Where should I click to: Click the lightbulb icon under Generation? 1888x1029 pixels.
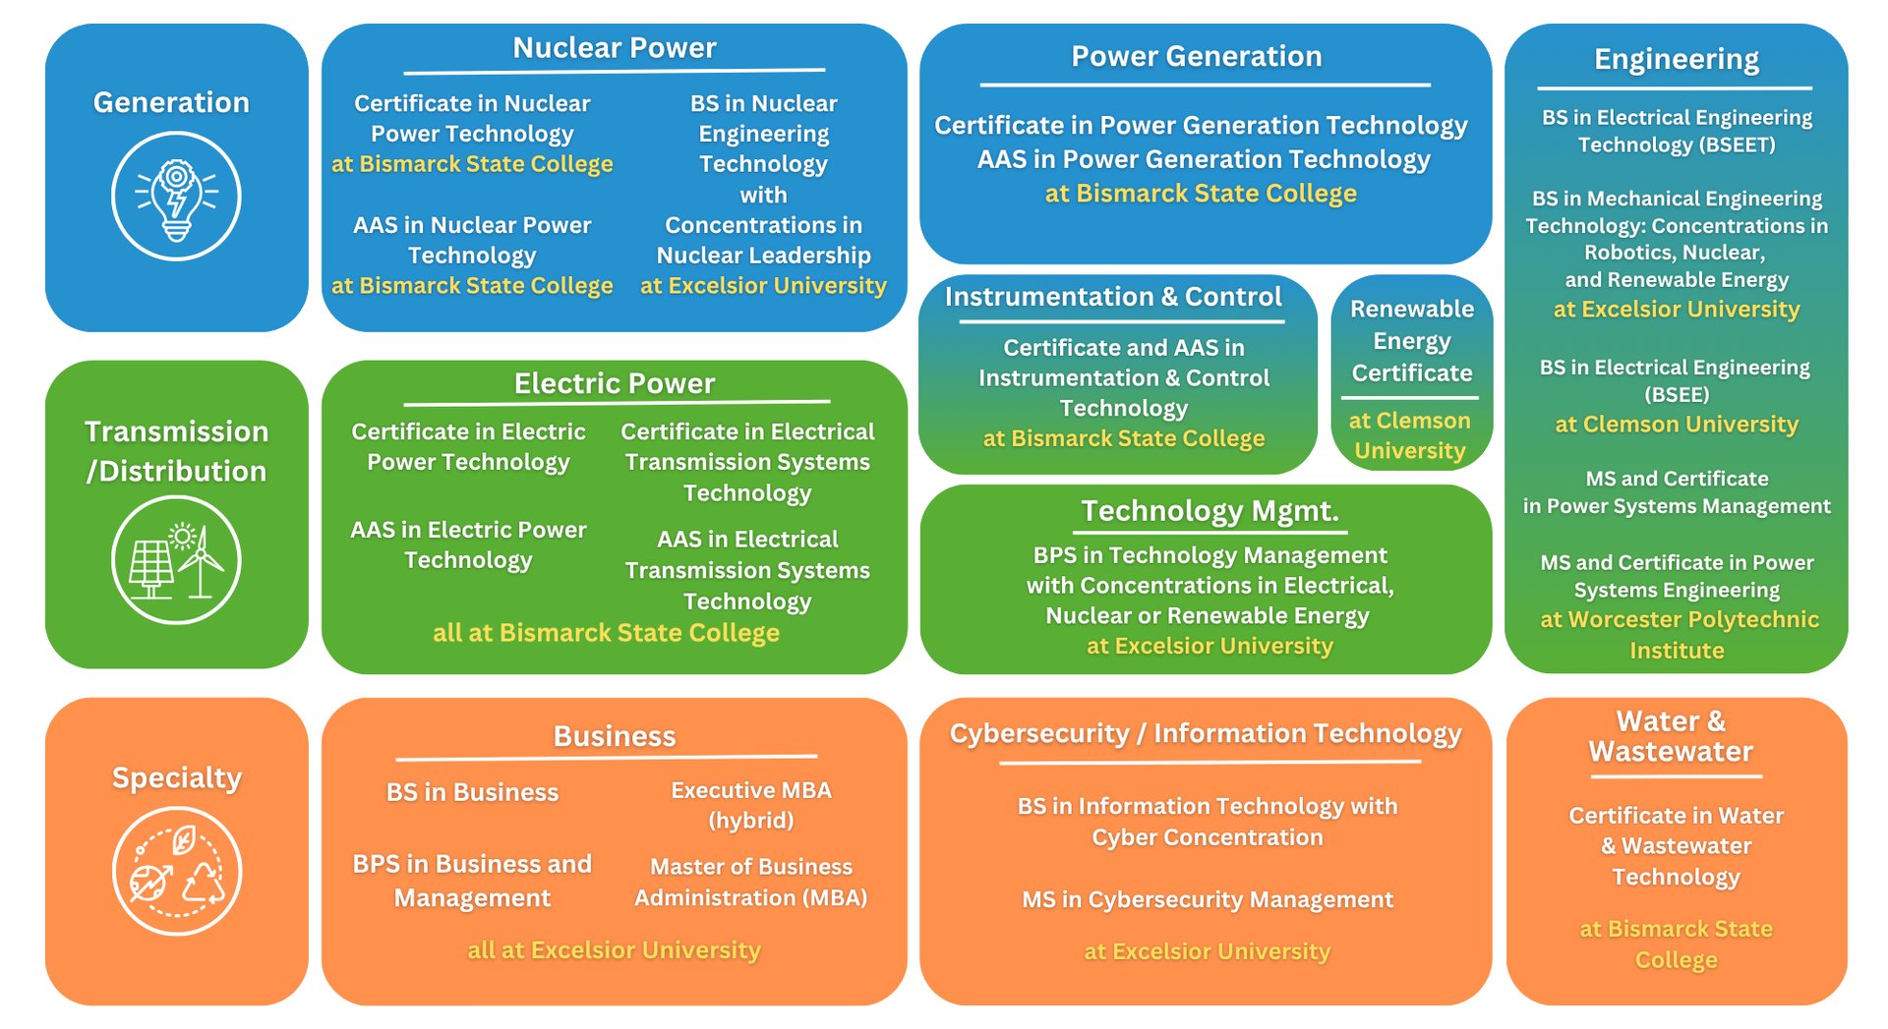point(176,197)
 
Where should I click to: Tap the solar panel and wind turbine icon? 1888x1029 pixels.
point(176,560)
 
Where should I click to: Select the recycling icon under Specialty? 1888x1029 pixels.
point(176,871)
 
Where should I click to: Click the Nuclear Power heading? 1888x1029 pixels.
point(615,48)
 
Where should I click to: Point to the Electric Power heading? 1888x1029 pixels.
point(615,383)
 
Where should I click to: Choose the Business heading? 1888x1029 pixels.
point(615,736)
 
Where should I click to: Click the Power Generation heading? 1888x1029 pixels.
point(1196,57)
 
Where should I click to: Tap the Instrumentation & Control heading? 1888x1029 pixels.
point(1113,297)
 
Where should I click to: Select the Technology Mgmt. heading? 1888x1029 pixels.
point(1209,511)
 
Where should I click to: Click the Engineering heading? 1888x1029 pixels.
point(1676,60)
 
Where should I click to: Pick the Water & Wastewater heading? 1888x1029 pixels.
point(1671,736)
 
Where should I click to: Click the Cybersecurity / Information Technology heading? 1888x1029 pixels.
point(1206,733)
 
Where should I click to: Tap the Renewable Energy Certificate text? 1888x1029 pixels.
point(1411,341)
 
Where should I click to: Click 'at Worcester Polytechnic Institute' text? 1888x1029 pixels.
point(1679,635)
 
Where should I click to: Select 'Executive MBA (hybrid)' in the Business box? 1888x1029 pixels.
point(751,805)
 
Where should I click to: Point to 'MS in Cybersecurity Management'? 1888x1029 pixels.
point(1207,899)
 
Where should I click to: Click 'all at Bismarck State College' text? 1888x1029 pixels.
point(606,633)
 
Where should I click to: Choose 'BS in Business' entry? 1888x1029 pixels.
point(472,792)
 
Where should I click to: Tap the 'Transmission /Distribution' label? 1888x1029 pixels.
point(176,451)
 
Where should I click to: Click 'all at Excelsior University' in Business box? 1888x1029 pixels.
point(614,950)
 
